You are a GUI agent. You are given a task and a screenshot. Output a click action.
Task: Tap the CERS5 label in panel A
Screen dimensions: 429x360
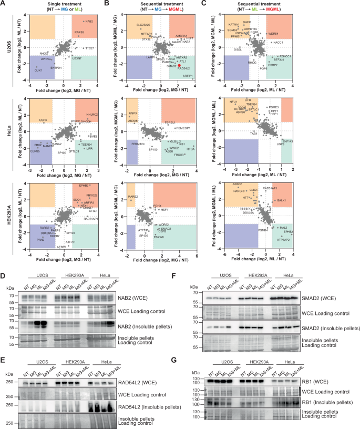pyautogui.click(x=35, y=151)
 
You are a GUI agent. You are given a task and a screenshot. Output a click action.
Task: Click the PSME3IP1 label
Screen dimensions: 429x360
pyautogui.click(x=183, y=128)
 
